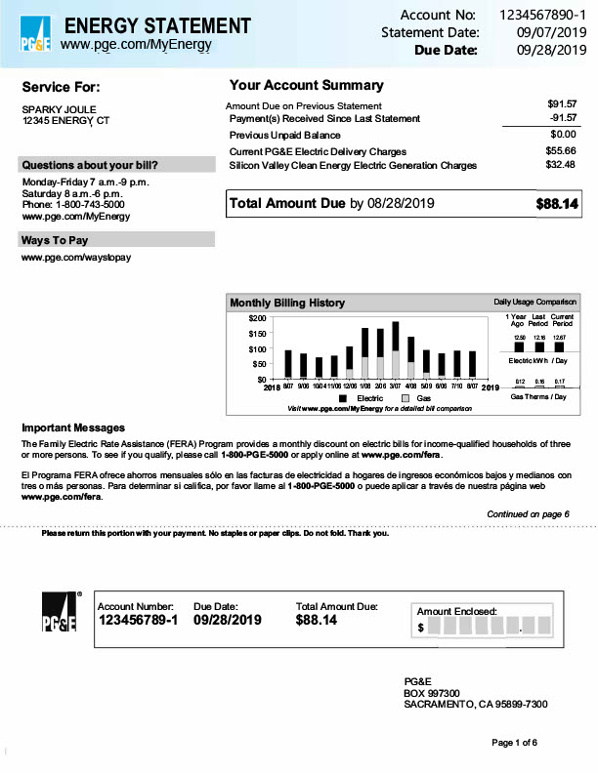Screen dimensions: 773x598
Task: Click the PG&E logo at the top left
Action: (37, 34)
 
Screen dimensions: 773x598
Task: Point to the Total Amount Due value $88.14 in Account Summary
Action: (557, 205)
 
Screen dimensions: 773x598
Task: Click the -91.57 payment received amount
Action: (562, 118)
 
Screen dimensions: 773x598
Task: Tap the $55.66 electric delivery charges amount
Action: (561, 151)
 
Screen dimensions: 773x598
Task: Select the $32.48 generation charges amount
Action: (561, 165)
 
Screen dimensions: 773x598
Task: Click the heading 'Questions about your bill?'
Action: (90, 165)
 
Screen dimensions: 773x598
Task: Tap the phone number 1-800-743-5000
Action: (87, 205)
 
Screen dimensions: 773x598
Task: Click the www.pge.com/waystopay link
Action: (76, 258)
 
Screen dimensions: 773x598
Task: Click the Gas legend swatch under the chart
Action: (406, 399)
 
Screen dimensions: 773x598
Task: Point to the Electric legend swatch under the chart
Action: (344, 399)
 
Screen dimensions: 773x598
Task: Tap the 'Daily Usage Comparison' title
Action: (535, 303)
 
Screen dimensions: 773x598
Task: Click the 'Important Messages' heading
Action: (73, 427)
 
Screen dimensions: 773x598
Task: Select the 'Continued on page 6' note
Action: (528, 514)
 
